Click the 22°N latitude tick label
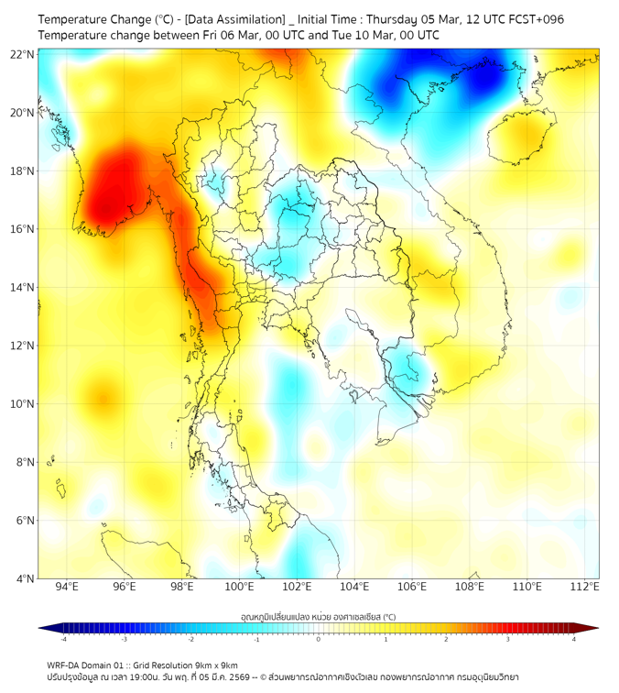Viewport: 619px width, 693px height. pyautogui.click(x=22, y=54)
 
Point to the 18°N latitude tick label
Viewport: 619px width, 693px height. pyautogui.click(x=22, y=171)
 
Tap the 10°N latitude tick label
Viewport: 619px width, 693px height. pyautogui.click(x=22, y=404)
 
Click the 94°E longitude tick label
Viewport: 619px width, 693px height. pyautogui.click(x=67, y=587)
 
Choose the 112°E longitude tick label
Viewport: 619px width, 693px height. pyautogui.click(x=584, y=587)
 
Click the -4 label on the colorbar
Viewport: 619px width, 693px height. pyautogui.click(x=63, y=639)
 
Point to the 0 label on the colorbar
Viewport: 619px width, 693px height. pyautogui.click(x=319, y=639)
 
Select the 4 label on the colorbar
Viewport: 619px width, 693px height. pyautogui.click(x=573, y=639)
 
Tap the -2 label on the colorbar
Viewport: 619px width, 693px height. pyautogui.click(x=190, y=639)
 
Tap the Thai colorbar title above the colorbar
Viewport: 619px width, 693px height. pyautogui.click(x=318, y=617)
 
